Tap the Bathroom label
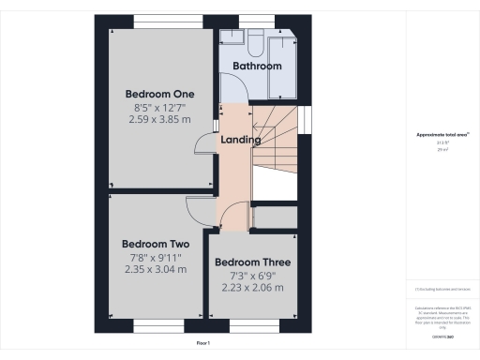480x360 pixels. click(x=257, y=67)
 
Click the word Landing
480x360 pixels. click(x=240, y=140)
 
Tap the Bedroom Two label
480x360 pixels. click(x=156, y=245)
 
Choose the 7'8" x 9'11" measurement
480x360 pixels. click(x=156, y=257)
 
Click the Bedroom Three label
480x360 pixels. click(x=252, y=262)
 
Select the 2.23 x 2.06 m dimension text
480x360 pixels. click(x=252, y=288)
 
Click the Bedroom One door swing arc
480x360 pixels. click(x=203, y=143)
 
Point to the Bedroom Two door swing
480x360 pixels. click(x=199, y=210)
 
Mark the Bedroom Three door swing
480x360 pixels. click(x=242, y=215)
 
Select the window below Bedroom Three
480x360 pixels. click(x=252, y=329)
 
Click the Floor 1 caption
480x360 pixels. click(x=203, y=344)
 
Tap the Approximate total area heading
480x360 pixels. click(x=442, y=136)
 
